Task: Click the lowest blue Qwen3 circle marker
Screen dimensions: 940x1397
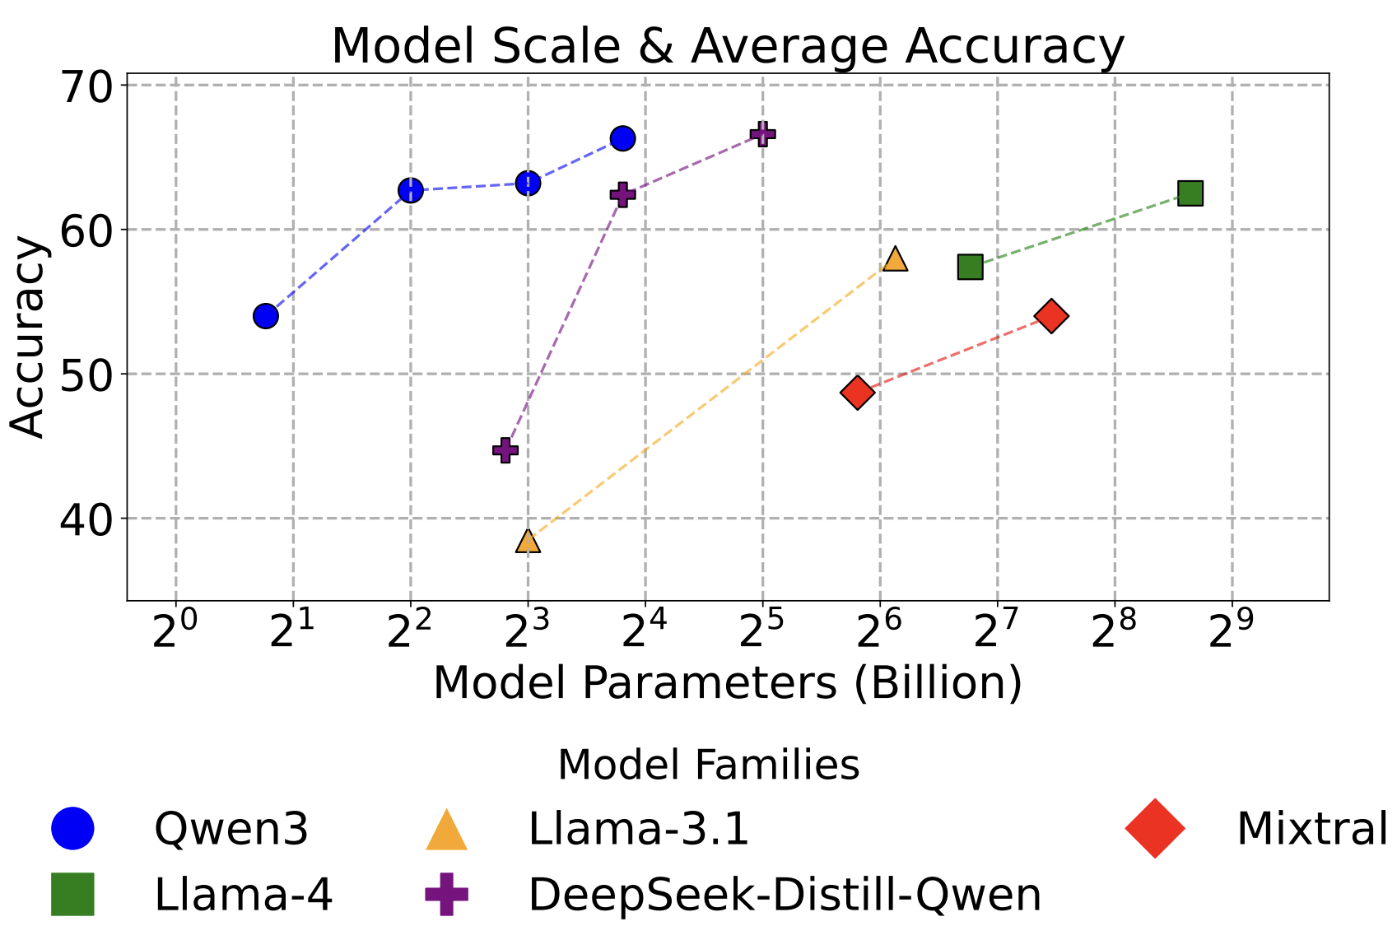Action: tap(265, 316)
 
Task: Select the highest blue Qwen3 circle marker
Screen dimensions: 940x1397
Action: tap(622, 138)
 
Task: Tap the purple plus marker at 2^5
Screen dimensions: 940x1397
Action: tap(762, 134)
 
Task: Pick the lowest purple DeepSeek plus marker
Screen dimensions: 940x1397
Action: tap(505, 450)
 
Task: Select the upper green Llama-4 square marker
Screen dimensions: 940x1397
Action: tap(1190, 193)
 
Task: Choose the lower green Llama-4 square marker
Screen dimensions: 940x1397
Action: tap(971, 267)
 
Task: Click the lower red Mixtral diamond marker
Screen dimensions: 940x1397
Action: tap(857, 392)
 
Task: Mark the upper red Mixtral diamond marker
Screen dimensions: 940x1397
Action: tap(1052, 315)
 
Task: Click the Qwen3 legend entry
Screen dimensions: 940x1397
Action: tap(231, 828)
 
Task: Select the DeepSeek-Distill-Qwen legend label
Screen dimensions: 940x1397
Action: tap(785, 895)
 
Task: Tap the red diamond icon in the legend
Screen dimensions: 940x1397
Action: tap(1155, 828)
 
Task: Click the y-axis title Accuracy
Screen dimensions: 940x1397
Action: tap(28, 337)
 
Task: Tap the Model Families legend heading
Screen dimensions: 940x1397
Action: tap(708, 765)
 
